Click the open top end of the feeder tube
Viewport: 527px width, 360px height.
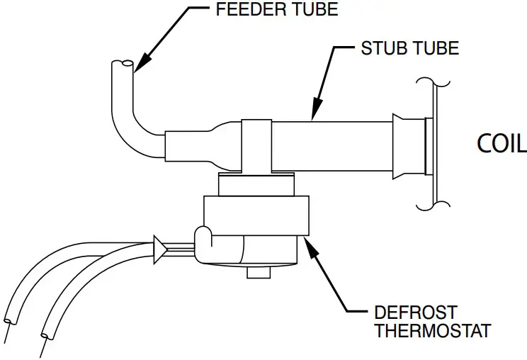tap(122, 65)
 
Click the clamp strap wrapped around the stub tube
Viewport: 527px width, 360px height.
tap(256, 145)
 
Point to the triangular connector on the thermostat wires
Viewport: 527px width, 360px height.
tap(160, 247)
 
